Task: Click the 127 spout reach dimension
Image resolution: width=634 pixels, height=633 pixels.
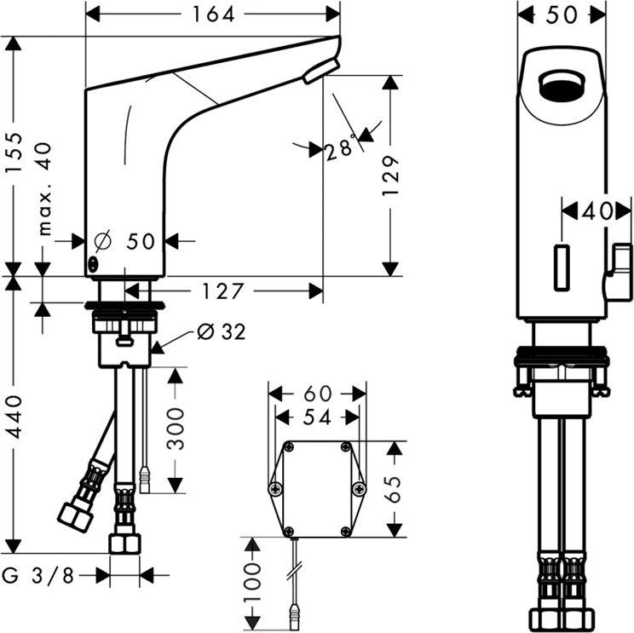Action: tap(223, 291)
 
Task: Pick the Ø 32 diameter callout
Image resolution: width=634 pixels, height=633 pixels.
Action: tap(220, 332)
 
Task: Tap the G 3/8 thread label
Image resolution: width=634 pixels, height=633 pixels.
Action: tap(39, 575)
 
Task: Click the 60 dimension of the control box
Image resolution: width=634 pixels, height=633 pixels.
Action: tap(317, 393)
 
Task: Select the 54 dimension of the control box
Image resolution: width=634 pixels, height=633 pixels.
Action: tap(317, 417)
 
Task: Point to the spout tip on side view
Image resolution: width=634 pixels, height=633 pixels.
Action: tap(320, 71)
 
